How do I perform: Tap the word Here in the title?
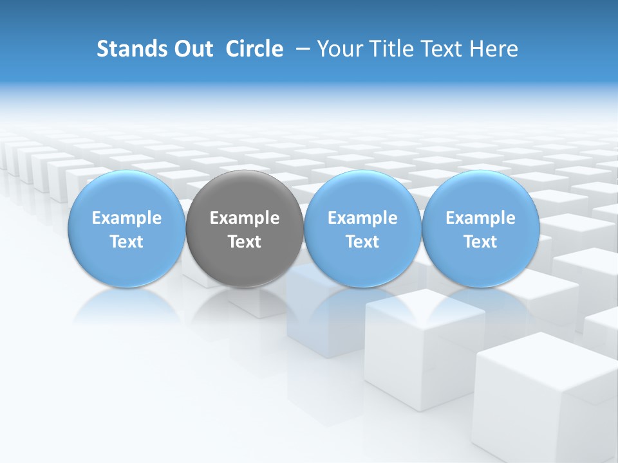496,49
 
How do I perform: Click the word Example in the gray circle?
245,218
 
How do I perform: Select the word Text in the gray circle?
245,242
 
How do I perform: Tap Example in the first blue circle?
127,218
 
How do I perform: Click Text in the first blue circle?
127,242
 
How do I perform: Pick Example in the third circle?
362,218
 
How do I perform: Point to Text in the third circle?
362,242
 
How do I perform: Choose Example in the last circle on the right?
480,218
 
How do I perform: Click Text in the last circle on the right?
480,242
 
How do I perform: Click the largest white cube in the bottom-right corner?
544,399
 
